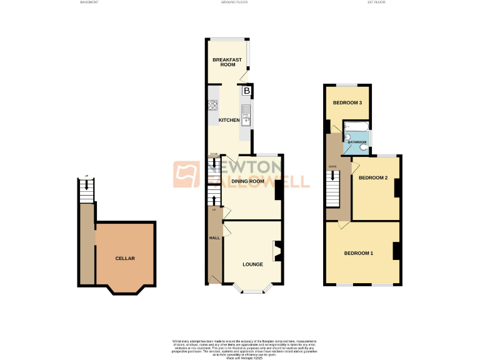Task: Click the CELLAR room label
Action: point(125,258)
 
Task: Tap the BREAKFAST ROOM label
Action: point(227,62)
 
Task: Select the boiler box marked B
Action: point(247,91)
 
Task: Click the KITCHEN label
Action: point(229,120)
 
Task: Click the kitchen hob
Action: point(212,106)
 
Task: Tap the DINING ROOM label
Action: point(247,182)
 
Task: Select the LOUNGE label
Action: point(252,264)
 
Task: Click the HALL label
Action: point(214,238)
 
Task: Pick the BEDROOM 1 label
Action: point(359,253)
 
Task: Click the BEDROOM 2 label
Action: point(373,178)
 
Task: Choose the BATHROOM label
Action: point(357,142)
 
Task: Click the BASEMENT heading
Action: point(89,2)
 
